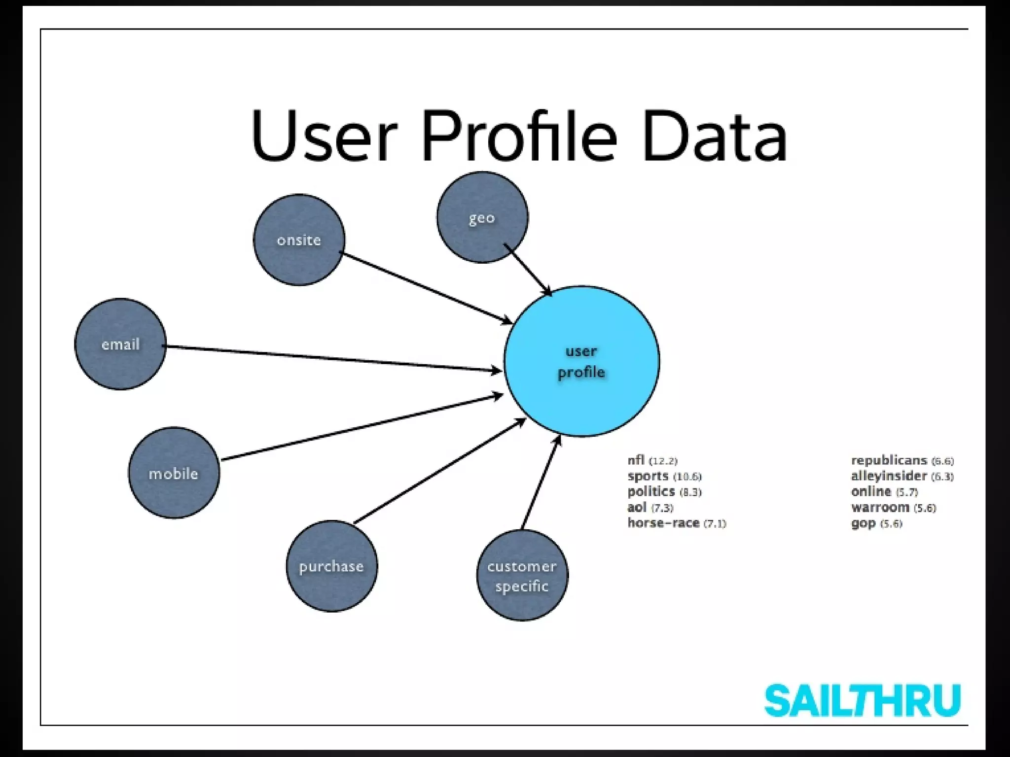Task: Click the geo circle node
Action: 482,217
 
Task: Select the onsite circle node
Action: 299,240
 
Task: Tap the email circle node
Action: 120,344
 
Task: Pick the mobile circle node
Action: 174,473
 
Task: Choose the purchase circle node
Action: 331,566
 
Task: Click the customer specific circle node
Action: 522,576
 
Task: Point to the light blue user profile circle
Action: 581,361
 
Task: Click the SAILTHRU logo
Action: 862,700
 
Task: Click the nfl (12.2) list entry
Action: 652,461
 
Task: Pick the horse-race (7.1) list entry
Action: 677,523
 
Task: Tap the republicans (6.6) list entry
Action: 902,461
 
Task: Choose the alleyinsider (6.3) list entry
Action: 902,476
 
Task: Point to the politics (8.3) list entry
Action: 664,492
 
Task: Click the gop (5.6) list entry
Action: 876,523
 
